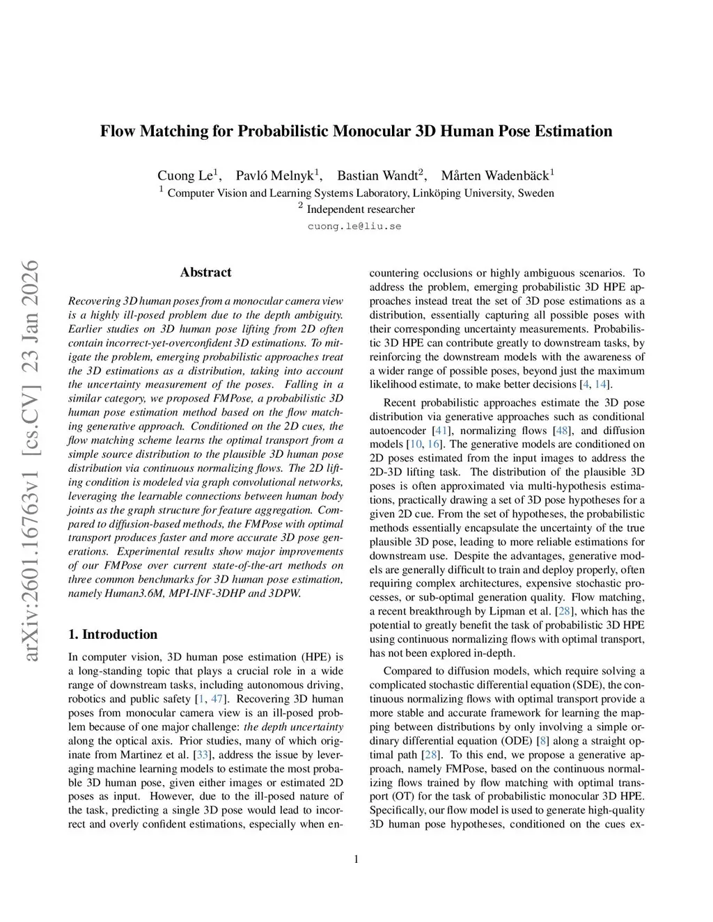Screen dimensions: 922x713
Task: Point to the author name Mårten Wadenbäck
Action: point(495,175)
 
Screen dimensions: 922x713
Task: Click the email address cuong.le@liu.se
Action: point(354,226)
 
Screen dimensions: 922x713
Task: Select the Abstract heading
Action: point(205,273)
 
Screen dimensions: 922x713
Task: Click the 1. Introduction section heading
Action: point(113,635)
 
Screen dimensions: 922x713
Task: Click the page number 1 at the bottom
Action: point(356,859)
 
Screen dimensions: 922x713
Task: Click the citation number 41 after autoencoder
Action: point(441,431)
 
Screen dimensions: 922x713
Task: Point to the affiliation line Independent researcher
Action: point(360,209)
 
